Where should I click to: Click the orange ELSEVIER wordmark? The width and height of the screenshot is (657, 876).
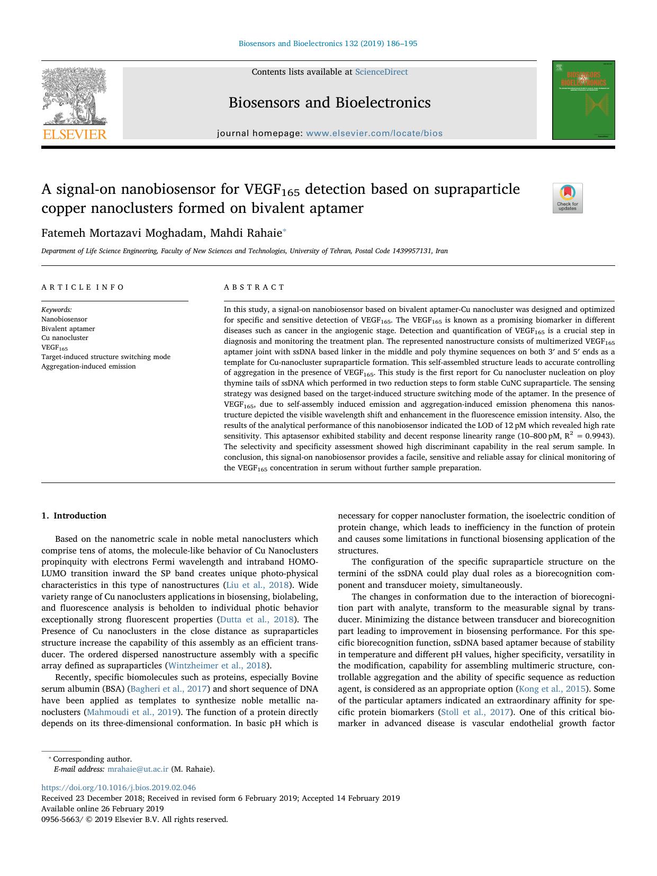click(75, 135)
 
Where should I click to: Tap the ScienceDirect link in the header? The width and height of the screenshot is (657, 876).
click(381, 72)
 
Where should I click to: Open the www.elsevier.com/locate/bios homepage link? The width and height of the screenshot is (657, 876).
click(374, 133)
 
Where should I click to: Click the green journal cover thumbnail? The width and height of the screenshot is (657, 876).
click(583, 100)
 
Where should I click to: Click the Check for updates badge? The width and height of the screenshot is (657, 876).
click(568, 198)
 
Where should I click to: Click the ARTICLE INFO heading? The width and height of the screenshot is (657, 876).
click(83, 287)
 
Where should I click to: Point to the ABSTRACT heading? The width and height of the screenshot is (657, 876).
click(254, 287)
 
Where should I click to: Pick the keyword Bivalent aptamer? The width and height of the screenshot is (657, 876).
click(68, 328)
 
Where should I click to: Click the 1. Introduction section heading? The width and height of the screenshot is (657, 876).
click(74, 515)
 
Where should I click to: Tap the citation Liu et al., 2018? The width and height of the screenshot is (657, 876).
click(257, 585)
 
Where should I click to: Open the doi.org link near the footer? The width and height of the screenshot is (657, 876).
click(119, 788)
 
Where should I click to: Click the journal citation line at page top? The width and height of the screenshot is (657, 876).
click(328, 43)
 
